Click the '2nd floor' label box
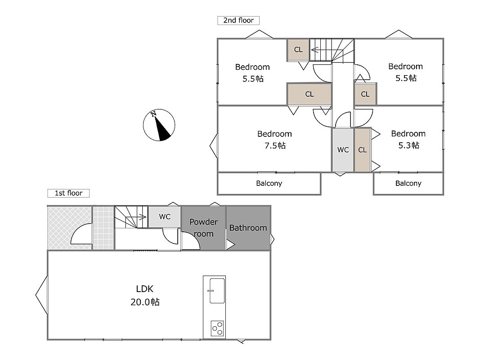pos(238,21)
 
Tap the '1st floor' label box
pos(68,193)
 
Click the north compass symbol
pos(159,125)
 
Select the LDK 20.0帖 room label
pos(145,295)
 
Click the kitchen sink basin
pos(217,291)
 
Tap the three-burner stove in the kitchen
pos(217,328)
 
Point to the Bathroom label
pos(248,228)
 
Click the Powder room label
pos(204,228)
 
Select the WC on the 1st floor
pos(165,217)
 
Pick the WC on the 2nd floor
pos(343,150)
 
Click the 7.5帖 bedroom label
pos(274,139)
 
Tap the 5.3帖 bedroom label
pos(408,139)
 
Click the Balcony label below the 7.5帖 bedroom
pos(269,183)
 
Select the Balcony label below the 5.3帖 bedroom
pos(408,183)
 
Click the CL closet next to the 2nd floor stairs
pos(298,49)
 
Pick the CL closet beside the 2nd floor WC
pos(363,150)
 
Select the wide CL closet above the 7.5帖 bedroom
pos(310,94)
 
